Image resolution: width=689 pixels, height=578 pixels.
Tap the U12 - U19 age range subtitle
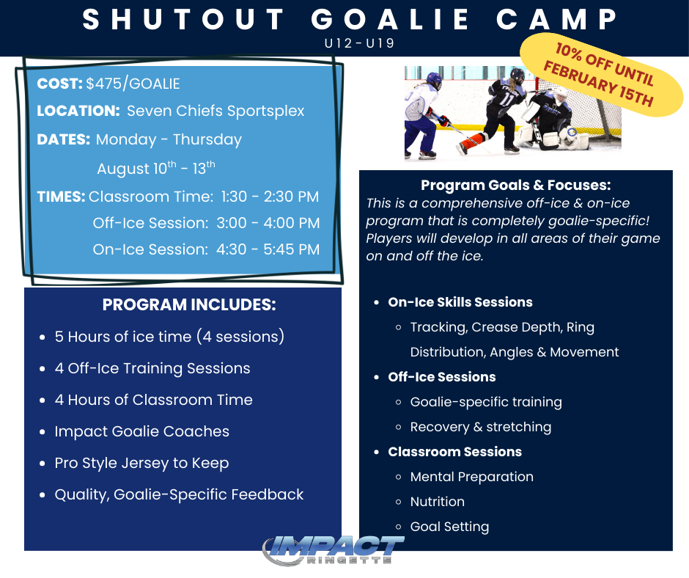pyautogui.click(x=359, y=43)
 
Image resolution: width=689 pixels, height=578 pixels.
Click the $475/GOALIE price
pyautogui.click(x=133, y=84)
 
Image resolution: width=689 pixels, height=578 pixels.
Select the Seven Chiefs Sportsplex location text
pyautogui.click(x=215, y=111)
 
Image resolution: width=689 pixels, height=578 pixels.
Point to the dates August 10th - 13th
pyautogui.click(x=156, y=168)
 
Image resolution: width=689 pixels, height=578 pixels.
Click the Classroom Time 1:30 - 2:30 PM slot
pyautogui.click(x=204, y=197)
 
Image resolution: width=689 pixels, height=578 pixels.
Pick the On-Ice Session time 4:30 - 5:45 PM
pyautogui.click(x=206, y=249)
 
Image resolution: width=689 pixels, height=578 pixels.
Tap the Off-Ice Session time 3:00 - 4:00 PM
pyautogui.click(x=206, y=223)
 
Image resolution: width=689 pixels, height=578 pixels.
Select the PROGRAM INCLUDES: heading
pyautogui.click(x=189, y=305)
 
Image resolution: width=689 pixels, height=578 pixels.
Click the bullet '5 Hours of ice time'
pyautogui.click(x=169, y=337)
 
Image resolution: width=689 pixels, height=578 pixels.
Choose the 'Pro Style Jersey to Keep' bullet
pyautogui.click(x=141, y=463)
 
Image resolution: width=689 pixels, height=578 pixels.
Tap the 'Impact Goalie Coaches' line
pyautogui.click(x=141, y=431)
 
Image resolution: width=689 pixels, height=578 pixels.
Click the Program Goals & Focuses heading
pyautogui.click(x=515, y=186)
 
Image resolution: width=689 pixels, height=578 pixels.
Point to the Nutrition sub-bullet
pyautogui.click(x=437, y=502)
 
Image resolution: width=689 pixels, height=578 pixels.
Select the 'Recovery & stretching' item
pyautogui.click(x=480, y=427)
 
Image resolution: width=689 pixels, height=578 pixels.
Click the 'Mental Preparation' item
pyautogui.click(x=471, y=477)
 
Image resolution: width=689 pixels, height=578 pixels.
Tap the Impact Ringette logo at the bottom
pyautogui.click(x=334, y=549)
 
